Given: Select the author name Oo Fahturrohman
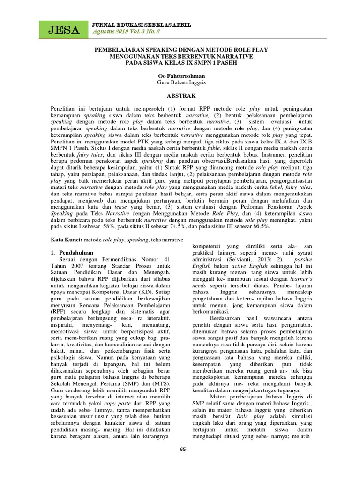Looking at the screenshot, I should (x=180, y=75).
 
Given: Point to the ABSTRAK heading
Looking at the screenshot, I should (x=180, y=94).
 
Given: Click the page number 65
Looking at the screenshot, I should (x=183, y=450).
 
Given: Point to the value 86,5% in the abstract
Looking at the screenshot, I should (x=261, y=226).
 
